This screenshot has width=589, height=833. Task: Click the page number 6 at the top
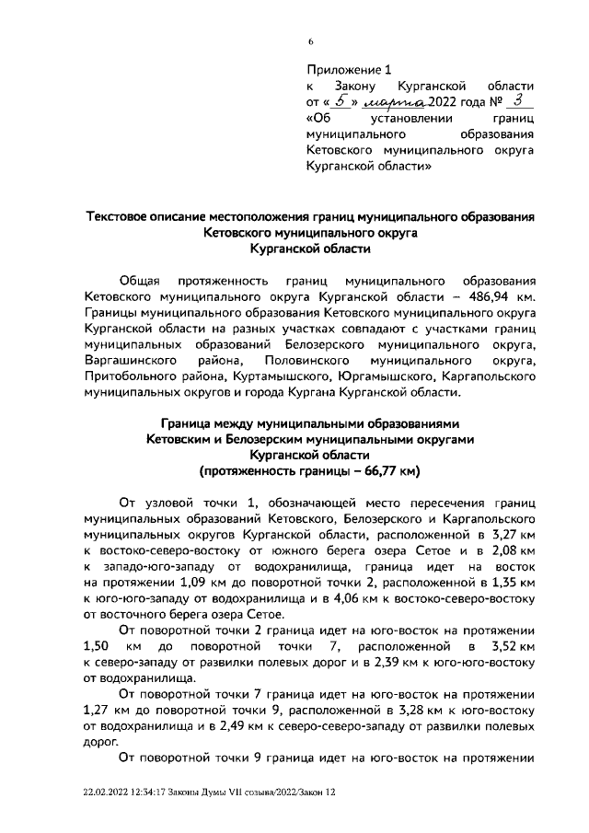(x=311, y=40)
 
